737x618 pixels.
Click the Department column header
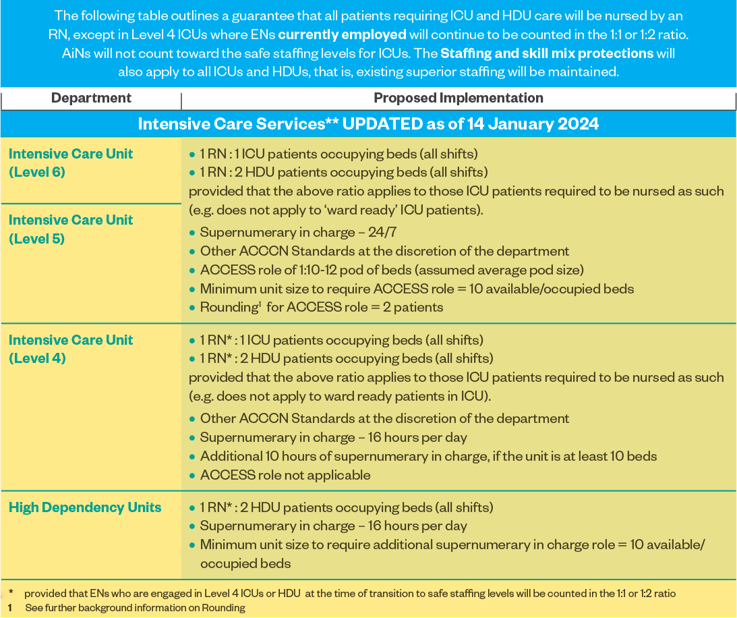[x=91, y=99]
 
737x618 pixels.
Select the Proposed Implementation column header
[x=459, y=99]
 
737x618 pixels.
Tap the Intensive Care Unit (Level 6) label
[x=70, y=163]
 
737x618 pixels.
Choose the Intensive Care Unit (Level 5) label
[x=70, y=229]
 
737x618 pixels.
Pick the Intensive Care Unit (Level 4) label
[x=70, y=349]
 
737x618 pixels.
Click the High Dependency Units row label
[x=85, y=507]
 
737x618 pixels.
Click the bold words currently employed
[x=342, y=34]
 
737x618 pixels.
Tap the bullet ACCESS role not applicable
[x=285, y=475]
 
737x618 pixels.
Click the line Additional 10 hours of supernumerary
[x=428, y=456]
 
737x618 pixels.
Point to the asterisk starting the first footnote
[x=11, y=593]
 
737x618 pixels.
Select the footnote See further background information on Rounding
[x=135, y=608]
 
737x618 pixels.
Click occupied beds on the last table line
[x=245, y=563]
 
